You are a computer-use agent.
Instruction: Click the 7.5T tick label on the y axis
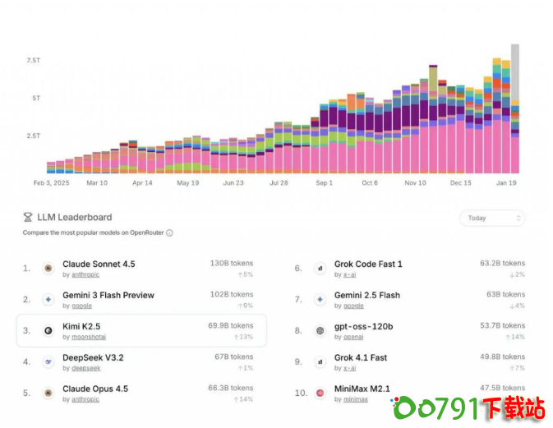(x=34, y=61)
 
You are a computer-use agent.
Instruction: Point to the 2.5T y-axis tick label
(x=34, y=136)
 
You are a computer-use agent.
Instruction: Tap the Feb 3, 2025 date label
(x=52, y=183)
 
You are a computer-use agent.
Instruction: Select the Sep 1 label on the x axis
(x=325, y=183)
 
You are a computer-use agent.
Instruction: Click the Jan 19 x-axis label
(x=506, y=183)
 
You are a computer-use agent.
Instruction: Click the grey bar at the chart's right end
(x=515, y=74)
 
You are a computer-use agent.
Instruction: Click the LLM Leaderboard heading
(x=74, y=218)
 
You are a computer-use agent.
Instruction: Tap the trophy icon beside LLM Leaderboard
(x=28, y=218)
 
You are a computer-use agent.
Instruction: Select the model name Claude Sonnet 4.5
(x=99, y=264)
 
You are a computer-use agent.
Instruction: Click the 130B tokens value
(x=231, y=263)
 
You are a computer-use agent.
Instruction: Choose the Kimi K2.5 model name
(x=81, y=326)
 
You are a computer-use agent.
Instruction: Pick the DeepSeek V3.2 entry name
(x=93, y=357)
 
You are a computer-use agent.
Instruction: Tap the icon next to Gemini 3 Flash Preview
(x=48, y=300)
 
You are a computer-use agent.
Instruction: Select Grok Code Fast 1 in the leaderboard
(x=368, y=264)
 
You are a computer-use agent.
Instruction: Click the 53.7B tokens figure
(x=502, y=325)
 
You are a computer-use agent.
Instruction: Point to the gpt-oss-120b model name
(x=363, y=326)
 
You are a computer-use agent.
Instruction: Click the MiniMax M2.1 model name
(x=362, y=389)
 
